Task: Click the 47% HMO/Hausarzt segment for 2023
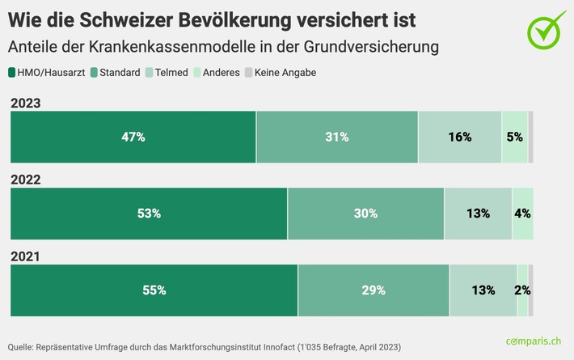133,138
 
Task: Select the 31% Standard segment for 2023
337,138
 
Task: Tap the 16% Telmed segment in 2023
459,138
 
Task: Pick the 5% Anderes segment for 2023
514,138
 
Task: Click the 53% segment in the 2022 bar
149,214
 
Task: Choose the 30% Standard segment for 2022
365,214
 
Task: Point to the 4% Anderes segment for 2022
522,214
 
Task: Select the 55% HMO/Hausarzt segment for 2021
154,290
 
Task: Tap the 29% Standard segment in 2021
374,290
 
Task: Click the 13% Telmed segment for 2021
483,290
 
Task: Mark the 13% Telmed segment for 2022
478,214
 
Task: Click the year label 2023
25,103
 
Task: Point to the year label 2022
25,180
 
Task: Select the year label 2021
25,256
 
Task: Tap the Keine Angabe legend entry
280,73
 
